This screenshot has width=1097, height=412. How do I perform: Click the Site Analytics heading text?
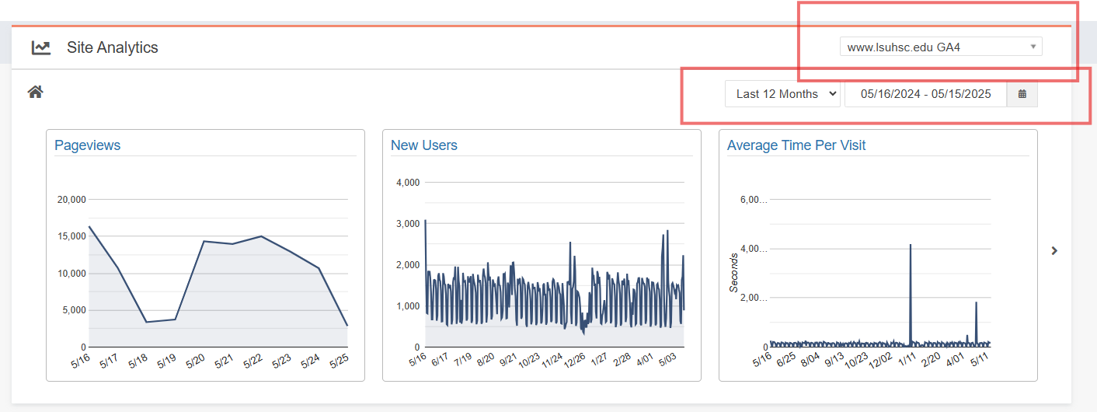click(x=112, y=47)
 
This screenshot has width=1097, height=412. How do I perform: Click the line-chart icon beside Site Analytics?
click(x=41, y=47)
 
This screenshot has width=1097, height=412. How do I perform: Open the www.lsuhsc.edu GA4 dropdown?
click(x=940, y=47)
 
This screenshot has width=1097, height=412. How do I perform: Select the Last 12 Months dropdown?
click(x=782, y=94)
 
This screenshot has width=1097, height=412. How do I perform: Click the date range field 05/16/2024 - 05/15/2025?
click(x=925, y=94)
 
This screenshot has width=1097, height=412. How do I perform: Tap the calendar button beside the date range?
click(x=1022, y=94)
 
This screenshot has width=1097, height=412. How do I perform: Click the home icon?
click(x=35, y=93)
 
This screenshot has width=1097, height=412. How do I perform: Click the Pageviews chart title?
click(x=87, y=145)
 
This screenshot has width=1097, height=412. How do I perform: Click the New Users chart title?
click(x=423, y=145)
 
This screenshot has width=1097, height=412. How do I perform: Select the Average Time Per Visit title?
click(x=796, y=145)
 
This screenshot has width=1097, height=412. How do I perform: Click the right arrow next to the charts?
click(x=1054, y=250)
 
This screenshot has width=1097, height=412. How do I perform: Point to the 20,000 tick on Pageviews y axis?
click(x=71, y=200)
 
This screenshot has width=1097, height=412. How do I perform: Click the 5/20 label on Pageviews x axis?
click(x=195, y=361)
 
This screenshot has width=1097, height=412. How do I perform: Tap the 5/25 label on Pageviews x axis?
click(x=339, y=361)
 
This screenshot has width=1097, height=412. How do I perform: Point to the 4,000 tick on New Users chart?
click(x=407, y=183)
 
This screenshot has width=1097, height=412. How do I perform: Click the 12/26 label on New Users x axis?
click(x=574, y=361)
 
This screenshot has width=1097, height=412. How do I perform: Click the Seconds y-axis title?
click(x=733, y=272)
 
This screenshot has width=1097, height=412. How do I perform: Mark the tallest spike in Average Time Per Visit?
click(x=910, y=245)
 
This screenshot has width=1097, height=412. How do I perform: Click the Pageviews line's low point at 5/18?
click(x=146, y=322)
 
